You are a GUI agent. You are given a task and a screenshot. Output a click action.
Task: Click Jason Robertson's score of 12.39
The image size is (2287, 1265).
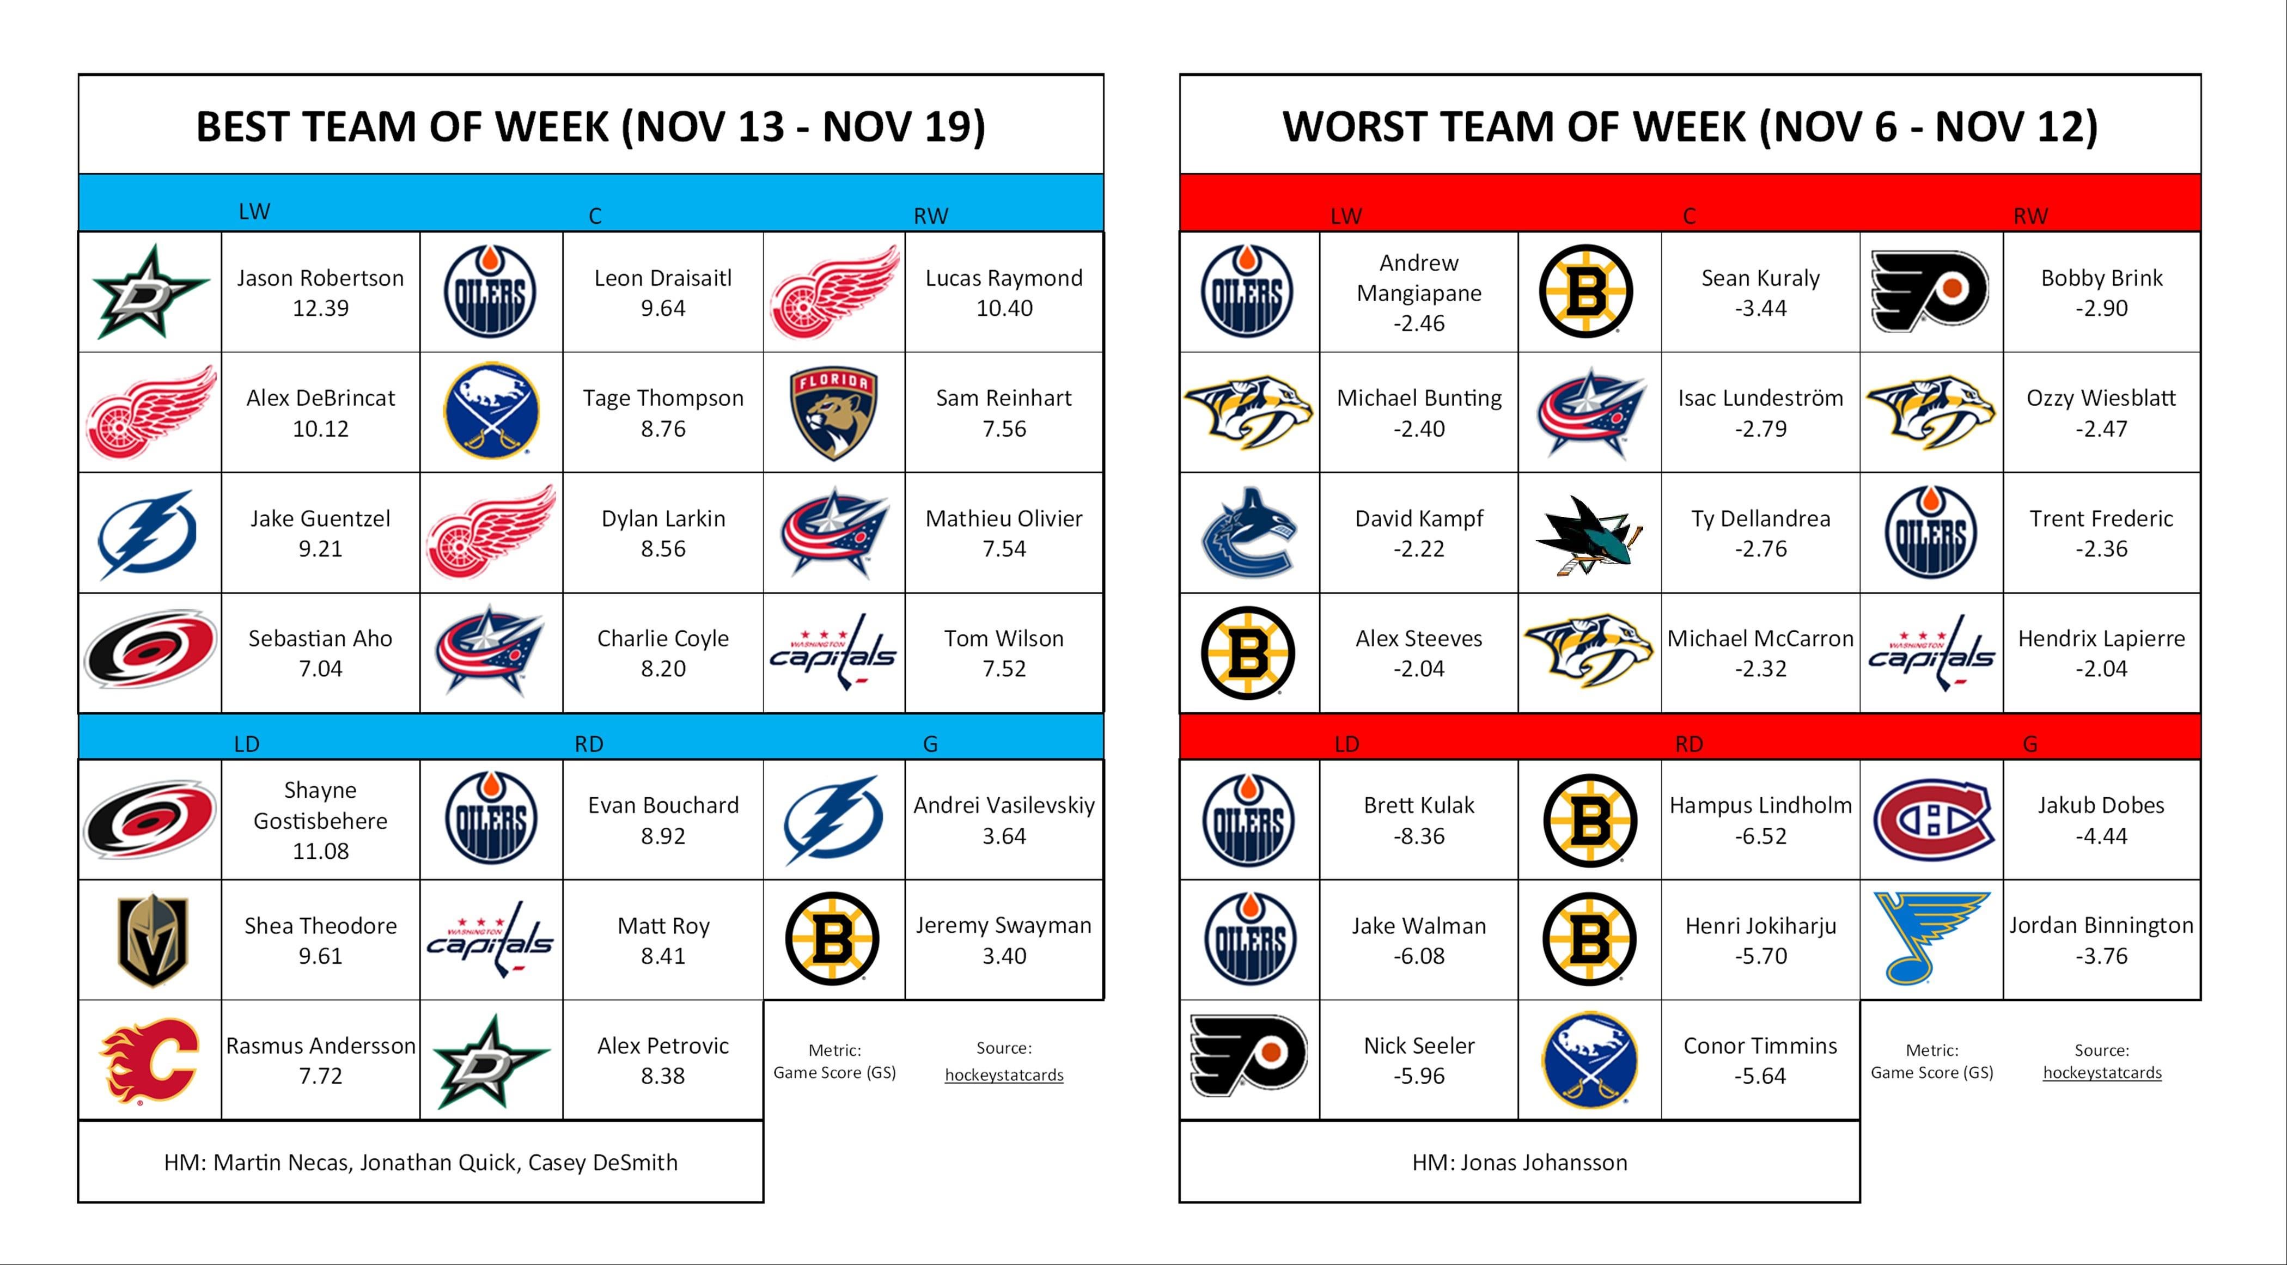tap(320, 308)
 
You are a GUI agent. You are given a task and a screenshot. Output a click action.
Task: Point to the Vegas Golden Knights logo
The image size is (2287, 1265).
tap(152, 940)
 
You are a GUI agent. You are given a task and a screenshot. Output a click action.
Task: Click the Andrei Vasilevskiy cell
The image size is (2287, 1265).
tap(1004, 820)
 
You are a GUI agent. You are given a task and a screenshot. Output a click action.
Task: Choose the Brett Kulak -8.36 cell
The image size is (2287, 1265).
tap(1419, 820)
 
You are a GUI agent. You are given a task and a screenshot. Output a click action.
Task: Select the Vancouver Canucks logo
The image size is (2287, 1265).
tap(1248, 533)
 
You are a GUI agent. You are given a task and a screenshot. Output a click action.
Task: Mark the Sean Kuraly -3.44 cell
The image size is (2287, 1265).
tap(1760, 292)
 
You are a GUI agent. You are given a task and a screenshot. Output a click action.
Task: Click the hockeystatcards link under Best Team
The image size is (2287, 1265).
tap(1004, 1075)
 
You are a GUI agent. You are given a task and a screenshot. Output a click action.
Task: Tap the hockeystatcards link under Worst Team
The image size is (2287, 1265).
tap(2102, 1072)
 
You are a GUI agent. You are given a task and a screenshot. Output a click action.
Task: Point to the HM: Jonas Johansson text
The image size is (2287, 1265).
tap(1520, 1163)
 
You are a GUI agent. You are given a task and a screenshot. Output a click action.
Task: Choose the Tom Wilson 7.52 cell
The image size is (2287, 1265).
tap(1004, 653)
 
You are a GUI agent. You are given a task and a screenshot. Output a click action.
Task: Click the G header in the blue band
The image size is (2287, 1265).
tap(930, 744)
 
